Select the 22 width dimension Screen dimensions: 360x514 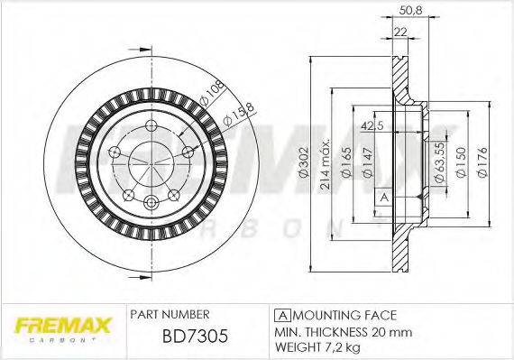(400, 33)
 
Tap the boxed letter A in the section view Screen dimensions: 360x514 (383, 197)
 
